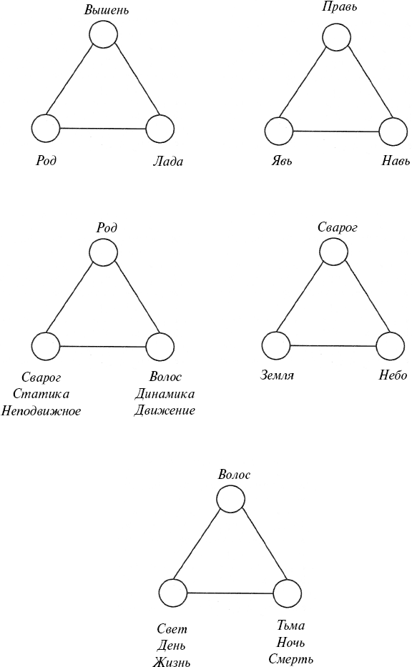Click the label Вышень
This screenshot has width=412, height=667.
pyautogui.click(x=107, y=10)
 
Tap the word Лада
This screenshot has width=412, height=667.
pyautogui.click(x=168, y=162)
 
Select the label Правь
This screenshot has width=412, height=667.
pyautogui.click(x=339, y=7)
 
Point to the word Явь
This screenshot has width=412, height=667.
pyautogui.click(x=282, y=161)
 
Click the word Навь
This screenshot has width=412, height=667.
pyautogui.click(x=396, y=161)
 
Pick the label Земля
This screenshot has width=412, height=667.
pyautogui.click(x=277, y=375)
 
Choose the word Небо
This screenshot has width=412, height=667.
pyautogui.click(x=393, y=375)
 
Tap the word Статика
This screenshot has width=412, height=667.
pyautogui.click(x=41, y=394)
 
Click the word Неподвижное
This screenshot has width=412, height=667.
pyautogui.click(x=41, y=411)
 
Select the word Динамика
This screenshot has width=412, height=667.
pyautogui.click(x=165, y=394)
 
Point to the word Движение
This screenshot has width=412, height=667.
pyautogui.click(x=165, y=410)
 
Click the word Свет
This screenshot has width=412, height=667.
pyautogui.click(x=172, y=628)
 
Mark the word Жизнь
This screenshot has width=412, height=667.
pyautogui.click(x=172, y=661)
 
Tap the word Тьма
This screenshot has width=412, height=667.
pyautogui.click(x=290, y=626)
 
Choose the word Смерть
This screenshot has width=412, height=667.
pyautogui.click(x=290, y=659)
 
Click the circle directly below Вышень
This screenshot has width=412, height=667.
pyautogui.click(x=104, y=34)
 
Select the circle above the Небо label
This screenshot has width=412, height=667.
pyautogui.click(x=391, y=346)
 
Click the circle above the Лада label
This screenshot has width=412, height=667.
pyautogui.click(x=160, y=129)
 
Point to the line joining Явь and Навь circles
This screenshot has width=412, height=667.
pyautogui.click(x=336, y=132)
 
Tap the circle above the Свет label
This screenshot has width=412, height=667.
pyautogui.click(x=173, y=593)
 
